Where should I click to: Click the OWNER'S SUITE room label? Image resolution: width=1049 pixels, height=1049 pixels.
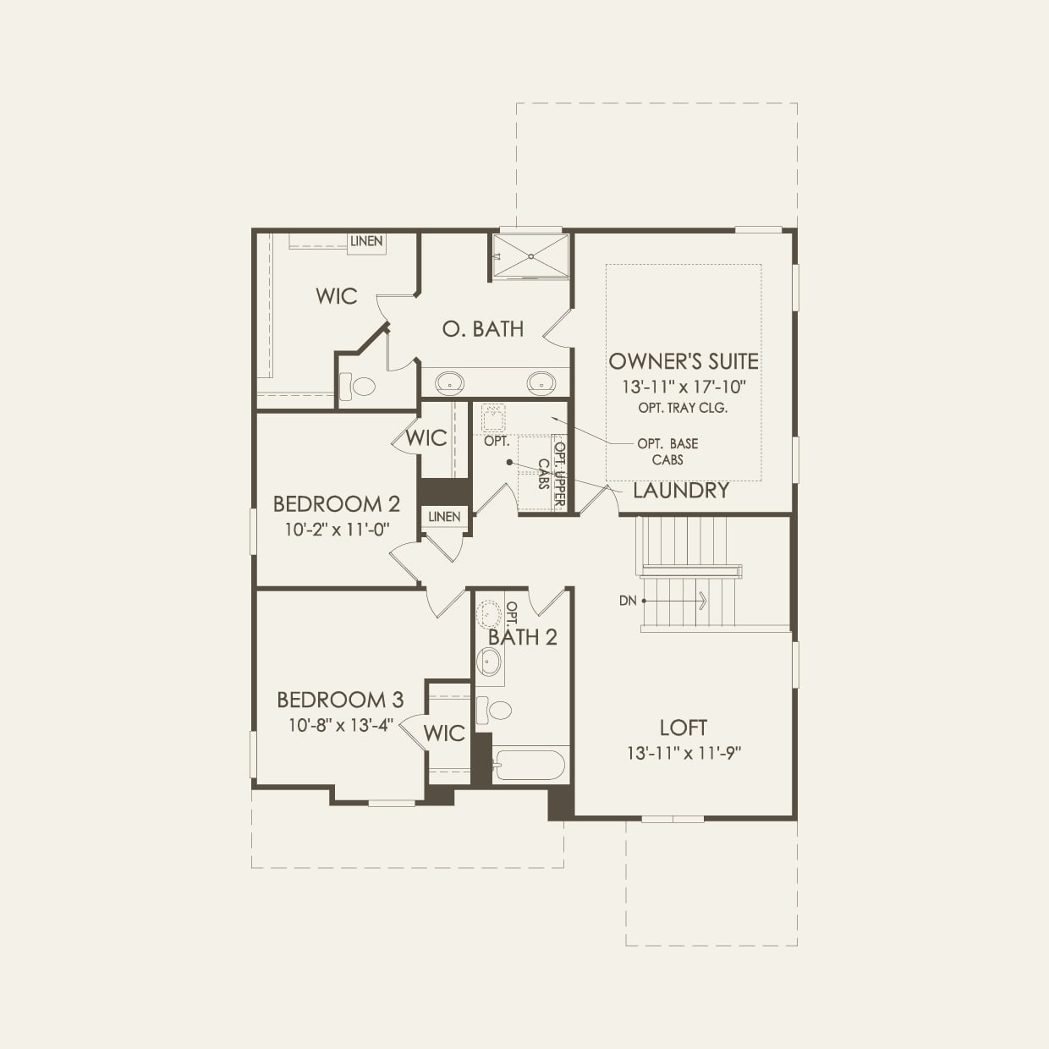click(684, 361)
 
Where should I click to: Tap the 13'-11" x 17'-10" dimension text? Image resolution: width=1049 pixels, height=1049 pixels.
click(684, 387)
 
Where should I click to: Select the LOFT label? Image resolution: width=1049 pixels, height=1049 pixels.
click(684, 728)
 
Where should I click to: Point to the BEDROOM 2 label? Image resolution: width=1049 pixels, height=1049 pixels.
click(336, 504)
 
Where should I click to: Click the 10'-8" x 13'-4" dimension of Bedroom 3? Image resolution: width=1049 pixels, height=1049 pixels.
click(340, 725)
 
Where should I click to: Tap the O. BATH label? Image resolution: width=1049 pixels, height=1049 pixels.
click(483, 329)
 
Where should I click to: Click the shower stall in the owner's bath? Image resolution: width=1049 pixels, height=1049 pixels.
click(530, 255)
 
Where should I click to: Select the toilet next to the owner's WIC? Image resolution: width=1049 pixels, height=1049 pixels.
click(359, 387)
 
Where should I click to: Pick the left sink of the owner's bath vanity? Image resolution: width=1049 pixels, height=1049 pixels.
click(449, 382)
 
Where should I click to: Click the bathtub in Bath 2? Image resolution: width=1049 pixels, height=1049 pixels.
click(530, 765)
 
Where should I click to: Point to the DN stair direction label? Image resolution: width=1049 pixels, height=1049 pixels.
click(627, 601)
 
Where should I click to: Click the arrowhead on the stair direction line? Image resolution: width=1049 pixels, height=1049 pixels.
click(702, 601)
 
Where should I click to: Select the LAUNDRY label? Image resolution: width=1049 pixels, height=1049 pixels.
click(680, 491)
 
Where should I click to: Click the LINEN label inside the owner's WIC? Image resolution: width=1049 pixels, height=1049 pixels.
click(366, 241)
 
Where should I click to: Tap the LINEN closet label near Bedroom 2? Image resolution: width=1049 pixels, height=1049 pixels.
click(444, 517)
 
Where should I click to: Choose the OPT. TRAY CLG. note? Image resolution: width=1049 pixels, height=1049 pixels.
click(684, 408)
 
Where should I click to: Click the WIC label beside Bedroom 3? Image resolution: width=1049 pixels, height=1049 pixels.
click(444, 733)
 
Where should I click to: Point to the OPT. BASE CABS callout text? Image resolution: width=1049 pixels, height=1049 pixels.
click(667, 452)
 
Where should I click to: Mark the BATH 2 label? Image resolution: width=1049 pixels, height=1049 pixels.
click(523, 638)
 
